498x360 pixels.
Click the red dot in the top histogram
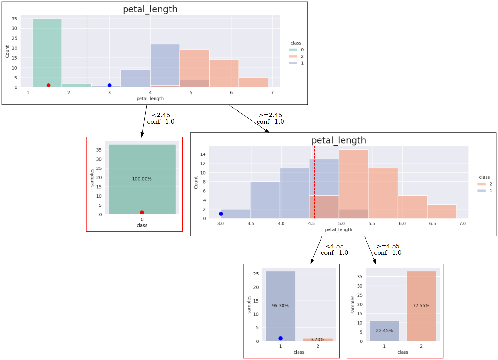click(49, 85)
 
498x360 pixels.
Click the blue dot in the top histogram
click(109, 85)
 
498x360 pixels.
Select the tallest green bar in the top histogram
click(47, 53)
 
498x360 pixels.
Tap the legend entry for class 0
click(297, 50)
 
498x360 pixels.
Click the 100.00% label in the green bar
click(142, 179)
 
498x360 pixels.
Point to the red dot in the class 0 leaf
click(142, 213)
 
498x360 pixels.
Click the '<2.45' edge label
click(161, 115)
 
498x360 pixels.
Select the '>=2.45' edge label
click(270, 115)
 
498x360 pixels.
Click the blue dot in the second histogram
click(221, 214)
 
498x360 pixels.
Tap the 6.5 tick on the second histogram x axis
click(433, 224)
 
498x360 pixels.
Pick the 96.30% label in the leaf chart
click(280, 306)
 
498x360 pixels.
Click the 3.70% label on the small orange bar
click(317, 340)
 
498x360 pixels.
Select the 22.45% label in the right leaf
click(384, 331)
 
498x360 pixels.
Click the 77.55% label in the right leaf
click(421, 306)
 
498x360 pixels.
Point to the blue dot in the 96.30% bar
click(280, 338)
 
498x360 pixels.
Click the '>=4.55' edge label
click(388, 246)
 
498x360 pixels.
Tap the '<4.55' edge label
click(335, 246)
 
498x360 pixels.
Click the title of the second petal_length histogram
click(338, 140)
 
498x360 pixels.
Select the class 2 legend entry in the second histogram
click(485, 184)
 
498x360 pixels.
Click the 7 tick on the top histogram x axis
click(272, 93)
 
